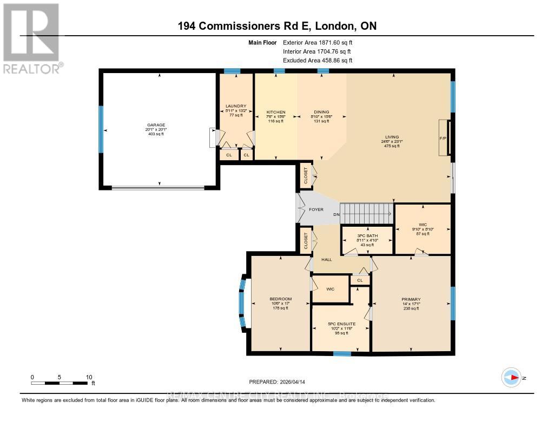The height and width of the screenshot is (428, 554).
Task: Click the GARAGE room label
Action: [x=159, y=125]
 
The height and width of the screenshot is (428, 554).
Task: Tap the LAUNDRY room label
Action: [x=236, y=106]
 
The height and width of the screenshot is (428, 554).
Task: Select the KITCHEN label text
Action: [x=275, y=112]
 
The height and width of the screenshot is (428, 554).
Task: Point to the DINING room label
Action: [x=321, y=112]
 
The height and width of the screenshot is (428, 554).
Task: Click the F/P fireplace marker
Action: [x=441, y=137]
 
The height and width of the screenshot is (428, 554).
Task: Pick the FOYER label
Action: [x=316, y=209]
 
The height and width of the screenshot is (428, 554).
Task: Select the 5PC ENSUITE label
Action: [x=340, y=324]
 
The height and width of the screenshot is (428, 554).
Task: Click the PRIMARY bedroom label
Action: [x=411, y=299]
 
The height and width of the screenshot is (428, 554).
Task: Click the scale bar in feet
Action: [x=60, y=383]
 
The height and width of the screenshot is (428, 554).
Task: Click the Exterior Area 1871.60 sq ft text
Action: [x=321, y=42]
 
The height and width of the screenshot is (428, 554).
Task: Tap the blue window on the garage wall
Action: [x=100, y=129]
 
